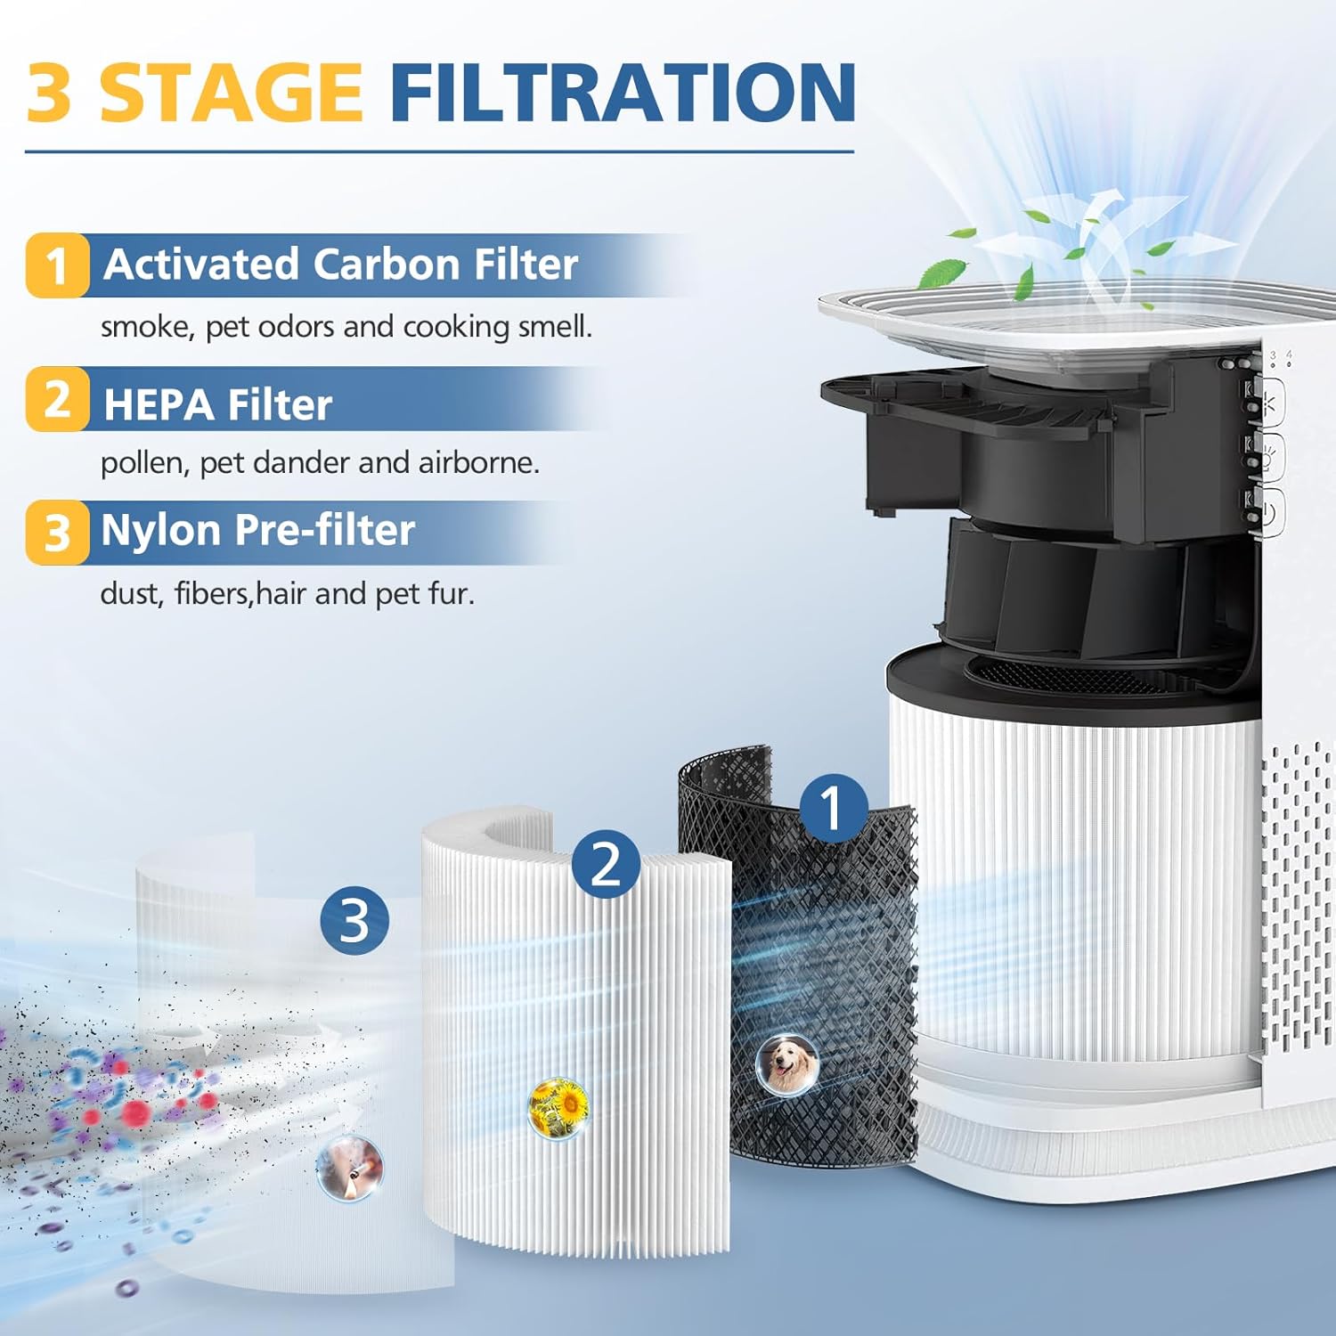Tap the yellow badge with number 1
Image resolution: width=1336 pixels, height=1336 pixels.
click(57, 265)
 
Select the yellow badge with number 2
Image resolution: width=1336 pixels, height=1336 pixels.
click(57, 399)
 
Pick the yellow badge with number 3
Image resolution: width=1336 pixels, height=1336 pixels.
click(57, 532)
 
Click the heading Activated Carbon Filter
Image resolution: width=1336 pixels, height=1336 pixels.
click(340, 265)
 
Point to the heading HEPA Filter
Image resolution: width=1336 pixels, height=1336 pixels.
click(217, 404)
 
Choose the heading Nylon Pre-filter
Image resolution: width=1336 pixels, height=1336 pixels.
click(257, 531)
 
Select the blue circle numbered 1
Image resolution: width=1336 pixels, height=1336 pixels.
click(833, 807)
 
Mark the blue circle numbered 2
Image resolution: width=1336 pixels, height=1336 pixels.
click(606, 863)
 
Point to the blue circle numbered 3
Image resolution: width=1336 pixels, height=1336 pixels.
click(354, 920)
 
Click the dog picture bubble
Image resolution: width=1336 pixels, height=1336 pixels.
click(787, 1064)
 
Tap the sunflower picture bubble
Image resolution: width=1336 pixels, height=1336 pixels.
click(558, 1107)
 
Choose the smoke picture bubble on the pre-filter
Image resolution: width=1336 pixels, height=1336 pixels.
click(349, 1168)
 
